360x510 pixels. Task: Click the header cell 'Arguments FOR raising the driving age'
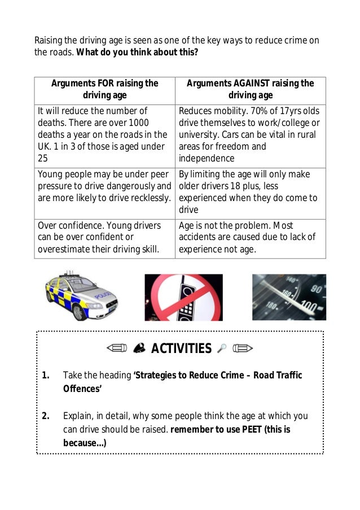click(x=105, y=89)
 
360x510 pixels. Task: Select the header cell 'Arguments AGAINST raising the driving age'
click(x=250, y=89)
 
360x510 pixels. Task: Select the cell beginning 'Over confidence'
click(x=105, y=237)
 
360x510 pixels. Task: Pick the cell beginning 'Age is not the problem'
click(x=250, y=237)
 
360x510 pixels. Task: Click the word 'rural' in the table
click(x=304, y=134)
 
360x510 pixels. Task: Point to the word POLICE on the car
click(x=103, y=296)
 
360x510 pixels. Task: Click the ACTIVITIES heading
click(x=181, y=348)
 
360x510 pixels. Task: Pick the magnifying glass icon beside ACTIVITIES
click(x=221, y=349)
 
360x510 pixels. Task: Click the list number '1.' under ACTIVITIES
click(x=46, y=376)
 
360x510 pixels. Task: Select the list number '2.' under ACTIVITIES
click(x=46, y=416)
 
